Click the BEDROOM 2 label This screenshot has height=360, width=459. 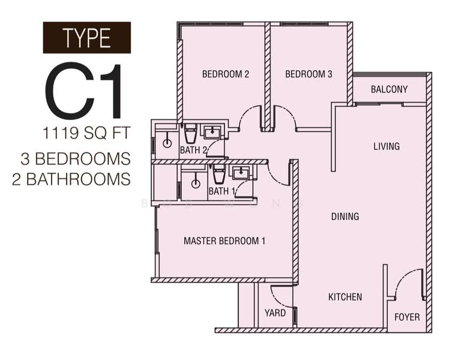click(x=225, y=74)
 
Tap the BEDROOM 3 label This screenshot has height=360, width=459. click(x=308, y=74)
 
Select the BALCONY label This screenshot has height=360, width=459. click(x=389, y=89)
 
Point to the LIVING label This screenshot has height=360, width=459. click(x=386, y=146)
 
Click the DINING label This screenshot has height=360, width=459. click(x=345, y=217)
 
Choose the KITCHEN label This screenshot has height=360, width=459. click(x=345, y=297)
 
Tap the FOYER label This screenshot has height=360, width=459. click(x=407, y=317)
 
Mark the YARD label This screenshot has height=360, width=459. click(x=275, y=313)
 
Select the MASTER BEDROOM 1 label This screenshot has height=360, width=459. click(x=224, y=241)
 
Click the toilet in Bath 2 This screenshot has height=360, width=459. click(x=190, y=133)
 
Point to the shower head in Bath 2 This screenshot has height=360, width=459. click(x=166, y=143)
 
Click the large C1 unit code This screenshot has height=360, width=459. click(x=85, y=91)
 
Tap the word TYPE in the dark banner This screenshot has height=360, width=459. click(x=86, y=38)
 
